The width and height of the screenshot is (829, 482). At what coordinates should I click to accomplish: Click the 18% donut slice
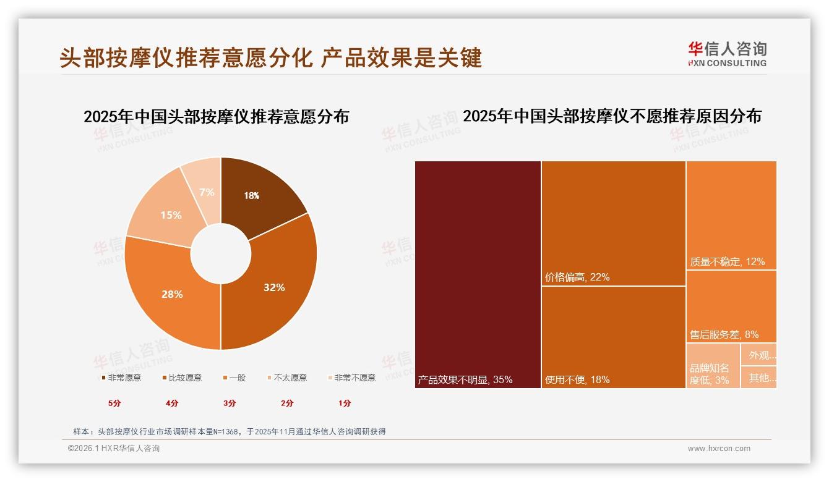point(260,195)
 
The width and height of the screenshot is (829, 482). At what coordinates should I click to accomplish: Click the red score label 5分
point(115,403)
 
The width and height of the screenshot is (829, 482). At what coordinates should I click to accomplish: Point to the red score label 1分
point(345,403)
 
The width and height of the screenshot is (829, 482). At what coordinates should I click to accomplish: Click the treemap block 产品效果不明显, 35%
point(478,275)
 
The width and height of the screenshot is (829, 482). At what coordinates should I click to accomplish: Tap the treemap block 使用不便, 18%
point(613,337)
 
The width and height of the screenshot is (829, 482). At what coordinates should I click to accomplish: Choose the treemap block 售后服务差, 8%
point(731,306)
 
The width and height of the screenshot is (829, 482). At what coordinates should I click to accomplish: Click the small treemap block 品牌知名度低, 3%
point(713,366)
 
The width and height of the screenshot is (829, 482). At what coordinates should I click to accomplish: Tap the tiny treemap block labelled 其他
point(759,378)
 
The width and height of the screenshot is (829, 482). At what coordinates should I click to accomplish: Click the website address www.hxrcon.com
point(719,449)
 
